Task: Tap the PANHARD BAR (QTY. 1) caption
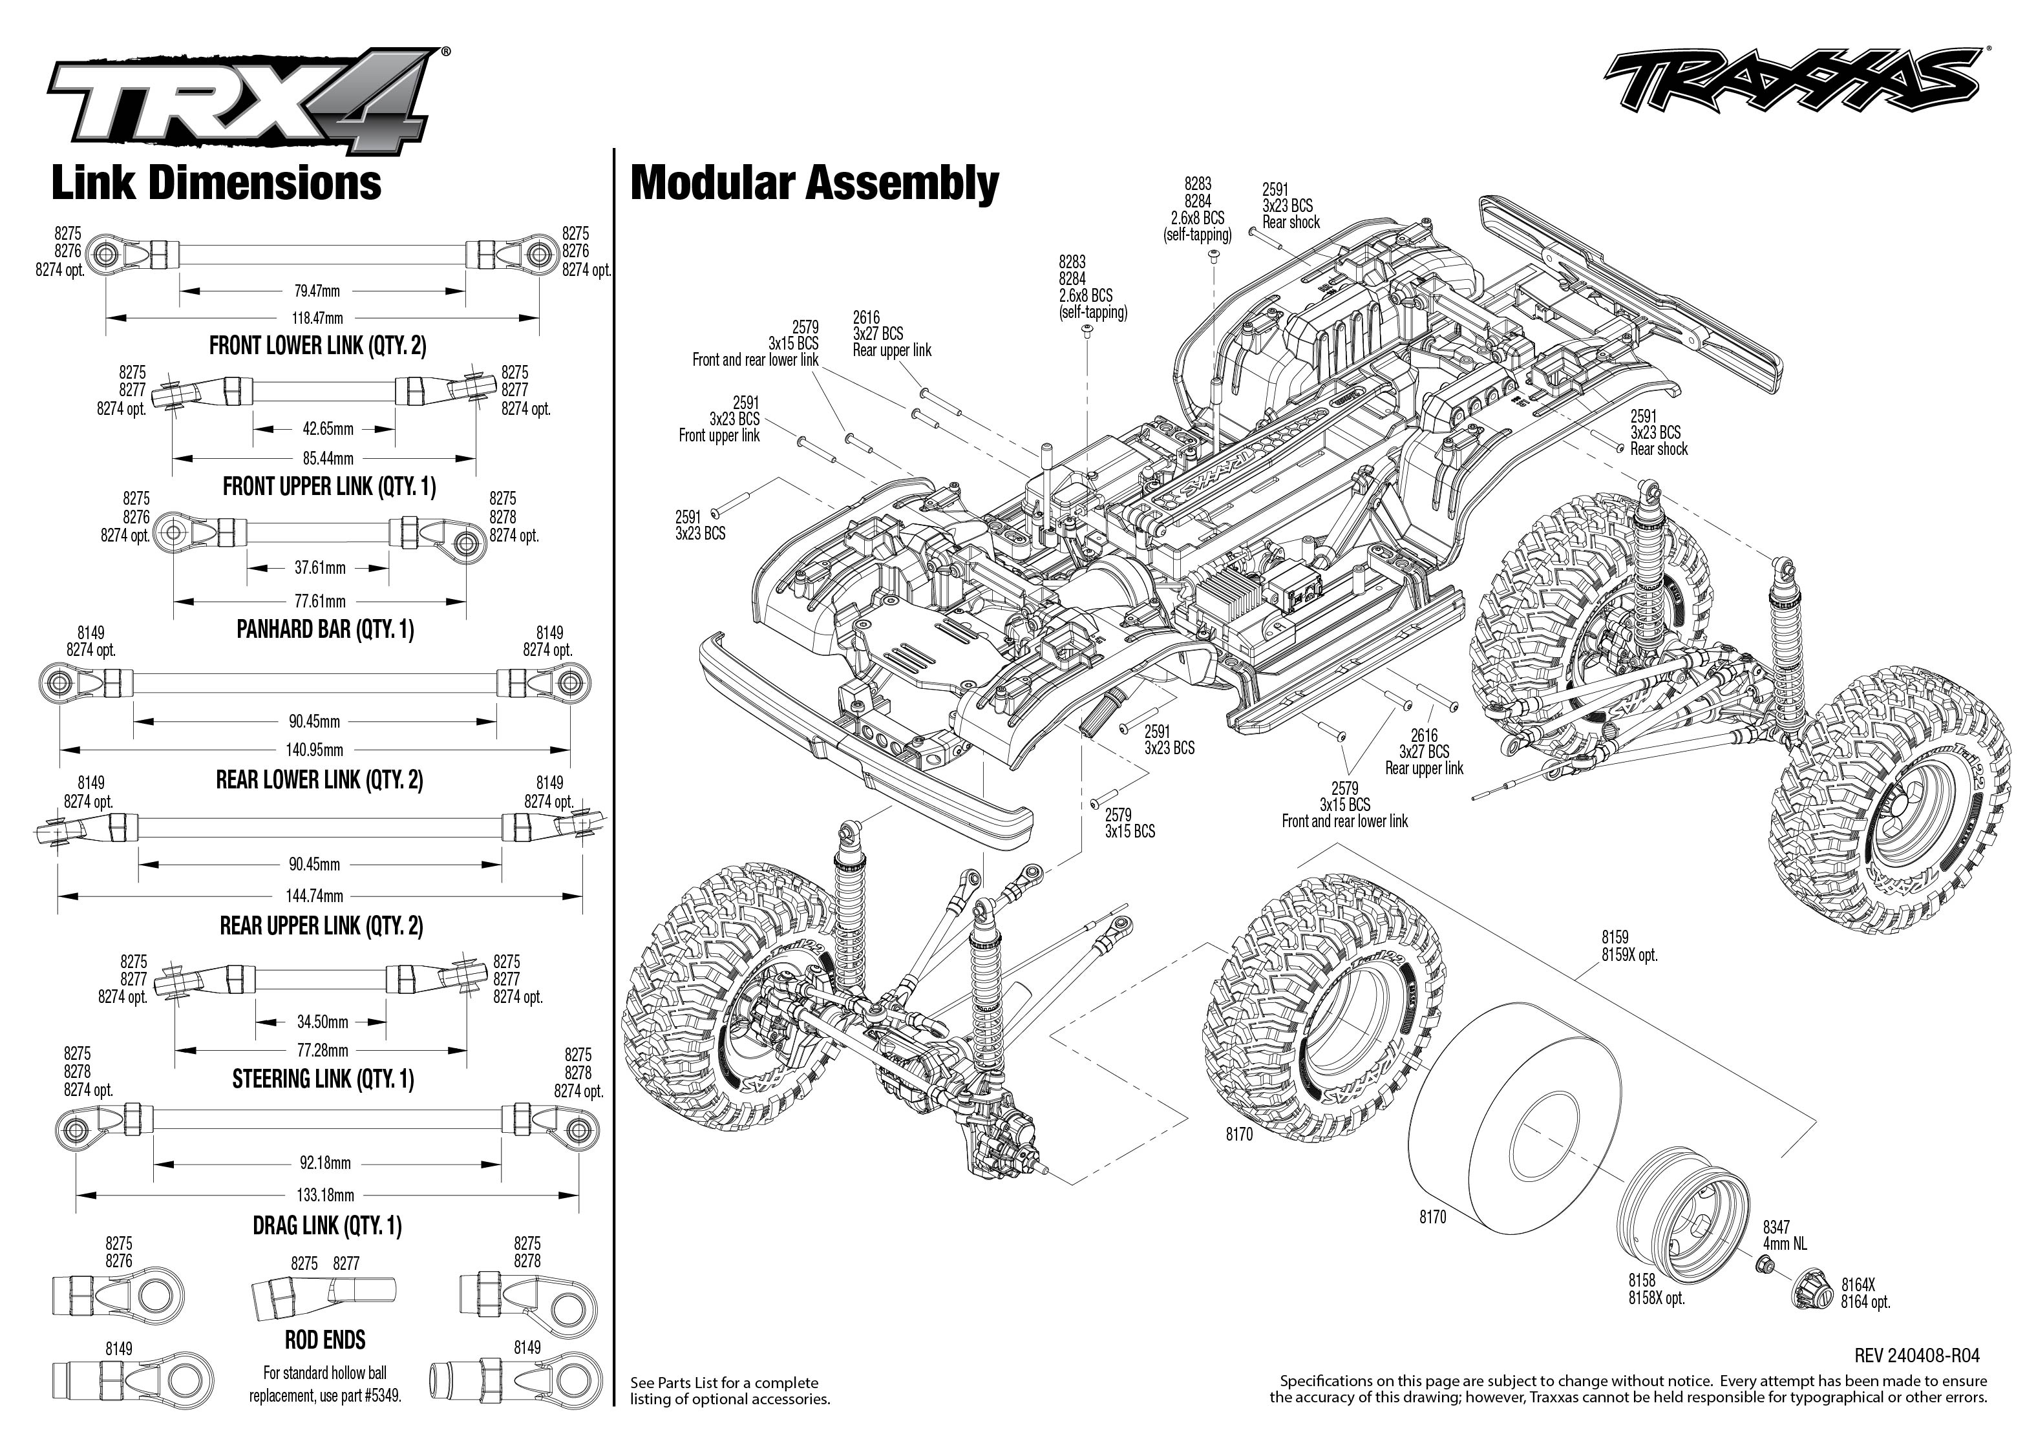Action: [325, 629]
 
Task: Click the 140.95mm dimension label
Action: [315, 750]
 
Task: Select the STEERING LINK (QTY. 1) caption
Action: [323, 1079]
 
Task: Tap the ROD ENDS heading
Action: [325, 1340]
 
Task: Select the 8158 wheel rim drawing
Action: [1683, 1208]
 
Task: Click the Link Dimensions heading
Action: [217, 184]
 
